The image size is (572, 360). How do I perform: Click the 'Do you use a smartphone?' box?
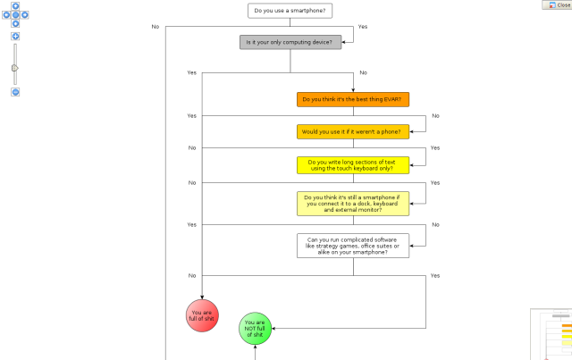(x=290, y=11)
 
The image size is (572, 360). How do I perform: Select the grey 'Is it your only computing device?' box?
(x=290, y=42)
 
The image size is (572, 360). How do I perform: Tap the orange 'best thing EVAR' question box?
(x=353, y=99)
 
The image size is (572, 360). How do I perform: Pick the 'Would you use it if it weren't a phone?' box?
(x=353, y=131)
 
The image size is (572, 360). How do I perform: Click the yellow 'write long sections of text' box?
(x=353, y=164)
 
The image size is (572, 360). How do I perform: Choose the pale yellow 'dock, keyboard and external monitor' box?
(x=353, y=203)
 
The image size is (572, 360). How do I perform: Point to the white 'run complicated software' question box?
(x=353, y=246)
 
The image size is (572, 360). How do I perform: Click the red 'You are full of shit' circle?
(x=202, y=314)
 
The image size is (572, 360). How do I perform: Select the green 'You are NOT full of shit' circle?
(x=255, y=328)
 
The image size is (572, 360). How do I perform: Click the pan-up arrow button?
(x=15, y=5)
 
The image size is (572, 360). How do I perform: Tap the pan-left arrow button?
(x=6, y=14)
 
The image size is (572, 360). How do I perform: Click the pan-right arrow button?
(x=25, y=14)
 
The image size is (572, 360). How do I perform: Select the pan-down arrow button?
(x=15, y=24)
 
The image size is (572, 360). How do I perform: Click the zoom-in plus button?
(x=15, y=37)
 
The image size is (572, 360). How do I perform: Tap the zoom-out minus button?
(x=15, y=92)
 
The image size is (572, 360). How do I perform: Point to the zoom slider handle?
(x=15, y=67)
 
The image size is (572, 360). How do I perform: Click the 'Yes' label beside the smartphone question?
(x=363, y=27)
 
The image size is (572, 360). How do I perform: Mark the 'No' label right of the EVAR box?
(x=435, y=116)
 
